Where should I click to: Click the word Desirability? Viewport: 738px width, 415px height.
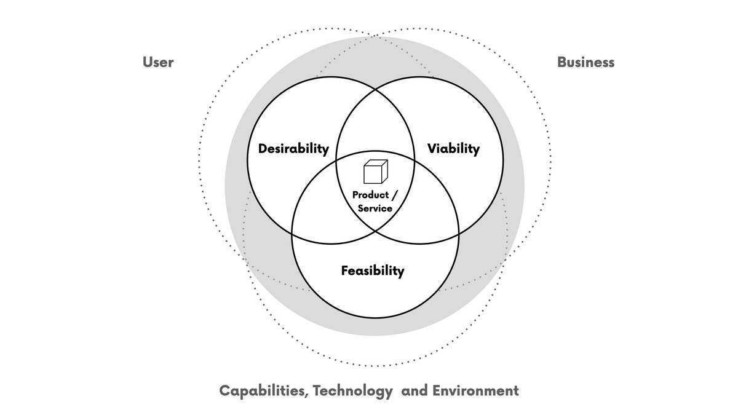pos(293,149)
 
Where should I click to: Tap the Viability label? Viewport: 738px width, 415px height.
pos(453,149)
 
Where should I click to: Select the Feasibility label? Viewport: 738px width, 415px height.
pos(373,271)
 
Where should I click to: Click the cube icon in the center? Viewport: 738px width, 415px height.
pos(376,172)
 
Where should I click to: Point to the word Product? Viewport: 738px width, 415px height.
pos(371,195)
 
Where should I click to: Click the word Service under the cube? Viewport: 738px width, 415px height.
pos(375,208)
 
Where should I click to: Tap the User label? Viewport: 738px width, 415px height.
pos(158,62)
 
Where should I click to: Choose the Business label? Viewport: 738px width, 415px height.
pos(585,62)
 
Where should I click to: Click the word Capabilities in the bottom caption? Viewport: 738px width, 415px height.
pos(264,391)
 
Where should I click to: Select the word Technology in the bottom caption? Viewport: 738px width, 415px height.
pos(352,391)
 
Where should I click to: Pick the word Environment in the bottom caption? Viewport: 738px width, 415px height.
pos(475,391)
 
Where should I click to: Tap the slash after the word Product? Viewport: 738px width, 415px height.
pos(395,195)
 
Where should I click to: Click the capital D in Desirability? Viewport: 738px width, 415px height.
pos(263,149)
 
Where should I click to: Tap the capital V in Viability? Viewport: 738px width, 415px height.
pos(433,149)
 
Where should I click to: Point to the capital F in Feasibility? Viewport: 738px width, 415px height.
pos(345,271)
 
